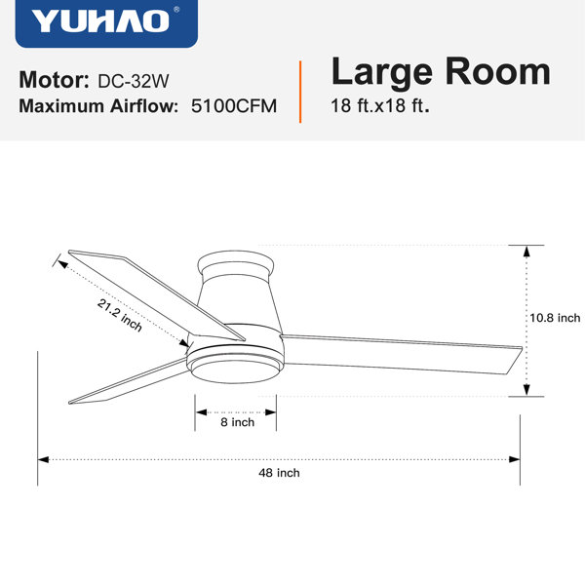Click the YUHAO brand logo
(106, 23)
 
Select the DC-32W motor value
(134, 81)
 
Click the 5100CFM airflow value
(234, 106)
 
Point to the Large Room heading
(441, 72)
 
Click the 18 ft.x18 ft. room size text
(380, 105)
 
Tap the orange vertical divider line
(300, 92)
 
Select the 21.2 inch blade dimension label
(120, 316)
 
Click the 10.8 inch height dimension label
(555, 318)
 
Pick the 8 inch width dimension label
(237, 422)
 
